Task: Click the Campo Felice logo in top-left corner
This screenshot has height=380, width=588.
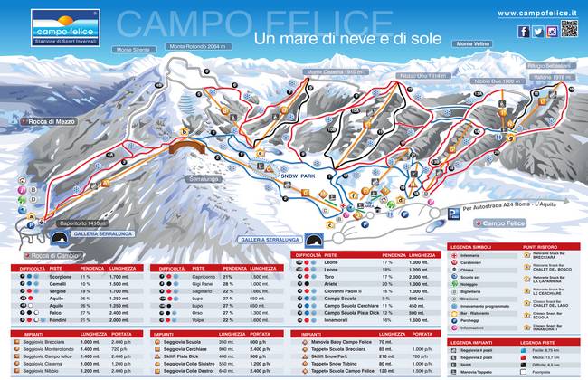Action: tap(53, 23)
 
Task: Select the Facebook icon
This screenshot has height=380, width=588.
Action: tap(526, 31)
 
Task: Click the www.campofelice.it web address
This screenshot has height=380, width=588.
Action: tap(536, 12)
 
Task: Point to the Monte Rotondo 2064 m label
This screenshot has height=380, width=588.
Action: tap(196, 46)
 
